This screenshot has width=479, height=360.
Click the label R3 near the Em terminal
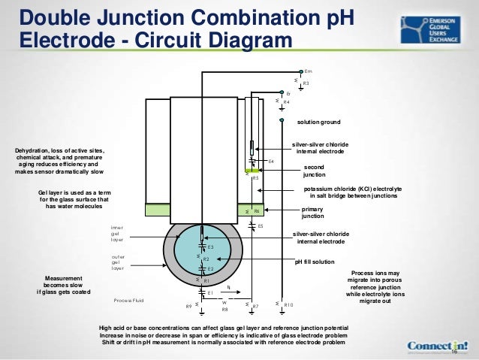(x=306, y=83)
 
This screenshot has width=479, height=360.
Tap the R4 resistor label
(x=286, y=102)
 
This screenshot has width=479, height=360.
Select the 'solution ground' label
(x=319, y=122)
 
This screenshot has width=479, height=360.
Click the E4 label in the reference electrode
(x=271, y=161)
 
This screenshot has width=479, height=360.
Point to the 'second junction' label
(x=314, y=170)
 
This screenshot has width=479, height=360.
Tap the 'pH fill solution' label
(x=315, y=262)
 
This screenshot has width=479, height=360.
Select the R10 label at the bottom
(x=288, y=305)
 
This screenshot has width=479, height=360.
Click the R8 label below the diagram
(x=224, y=309)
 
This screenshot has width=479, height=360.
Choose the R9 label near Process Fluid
(x=188, y=306)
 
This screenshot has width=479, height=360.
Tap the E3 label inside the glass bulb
(x=211, y=247)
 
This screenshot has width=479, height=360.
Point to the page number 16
(x=456, y=352)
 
